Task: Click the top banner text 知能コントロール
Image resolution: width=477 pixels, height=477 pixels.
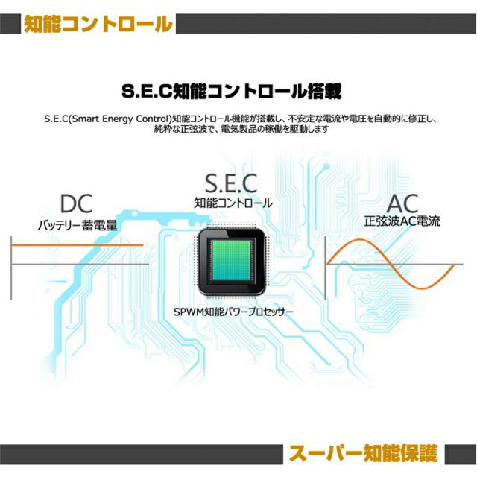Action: pyautogui.click(x=98, y=25)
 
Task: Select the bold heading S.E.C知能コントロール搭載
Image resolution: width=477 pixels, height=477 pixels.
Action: pyautogui.click(x=232, y=92)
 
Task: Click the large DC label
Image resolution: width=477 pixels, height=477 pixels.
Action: pyautogui.click(x=78, y=203)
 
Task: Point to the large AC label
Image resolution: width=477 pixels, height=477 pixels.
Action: pyautogui.click(x=402, y=203)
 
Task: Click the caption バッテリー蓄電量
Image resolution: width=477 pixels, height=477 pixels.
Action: pyautogui.click(x=78, y=223)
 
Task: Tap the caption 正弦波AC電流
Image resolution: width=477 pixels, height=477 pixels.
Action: pyautogui.click(x=402, y=221)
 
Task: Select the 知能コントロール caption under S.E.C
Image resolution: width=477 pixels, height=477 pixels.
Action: pyautogui.click(x=233, y=202)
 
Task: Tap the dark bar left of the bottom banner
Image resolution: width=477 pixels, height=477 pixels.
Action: pyautogui.click(x=142, y=453)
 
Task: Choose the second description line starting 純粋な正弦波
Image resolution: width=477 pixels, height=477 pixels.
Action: pyautogui.click(x=238, y=129)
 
